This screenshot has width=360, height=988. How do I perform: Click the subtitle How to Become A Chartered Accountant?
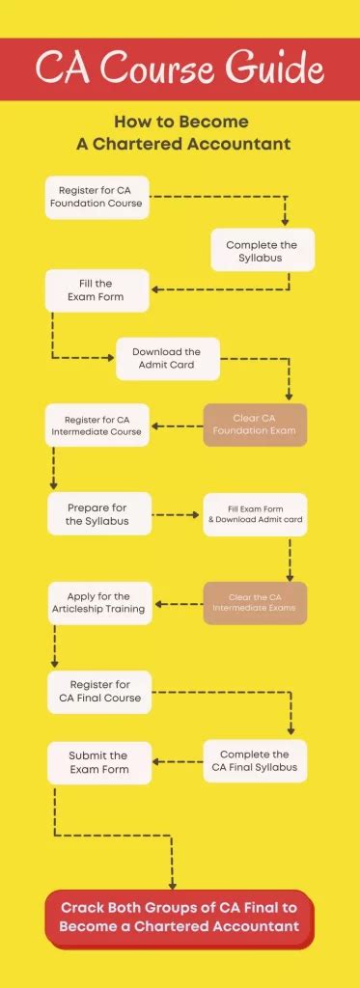tap(181, 133)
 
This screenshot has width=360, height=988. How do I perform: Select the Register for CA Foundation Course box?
tap(97, 198)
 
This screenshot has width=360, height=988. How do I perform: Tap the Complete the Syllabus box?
tap(262, 251)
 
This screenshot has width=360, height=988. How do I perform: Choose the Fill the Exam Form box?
tap(97, 290)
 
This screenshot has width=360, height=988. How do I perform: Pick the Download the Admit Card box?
tap(167, 358)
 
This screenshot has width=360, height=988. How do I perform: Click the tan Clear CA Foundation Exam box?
tap(255, 425)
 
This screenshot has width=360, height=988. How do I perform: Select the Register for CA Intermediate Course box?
tap(97, 425)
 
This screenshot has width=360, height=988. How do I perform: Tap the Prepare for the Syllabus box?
tap(99, 514)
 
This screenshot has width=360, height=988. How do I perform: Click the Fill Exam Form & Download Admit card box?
tap(255, 514)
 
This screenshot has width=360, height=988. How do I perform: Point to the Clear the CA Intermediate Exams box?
tap(255, 603)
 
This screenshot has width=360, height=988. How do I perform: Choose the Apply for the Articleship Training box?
tap(99, 603)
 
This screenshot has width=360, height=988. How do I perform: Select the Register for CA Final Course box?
tap(98, 692)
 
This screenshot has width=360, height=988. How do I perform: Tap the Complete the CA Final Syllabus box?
tap(255, 760)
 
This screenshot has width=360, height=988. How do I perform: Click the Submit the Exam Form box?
tap(98, 762)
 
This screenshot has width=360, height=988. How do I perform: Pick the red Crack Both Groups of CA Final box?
tap(180, 916)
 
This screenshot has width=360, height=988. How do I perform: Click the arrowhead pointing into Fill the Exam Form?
tap(158, 289)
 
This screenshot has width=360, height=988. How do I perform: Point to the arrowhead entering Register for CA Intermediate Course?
tap(158, 425)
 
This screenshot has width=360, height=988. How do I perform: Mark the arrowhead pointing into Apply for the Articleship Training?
tap(160, 604)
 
